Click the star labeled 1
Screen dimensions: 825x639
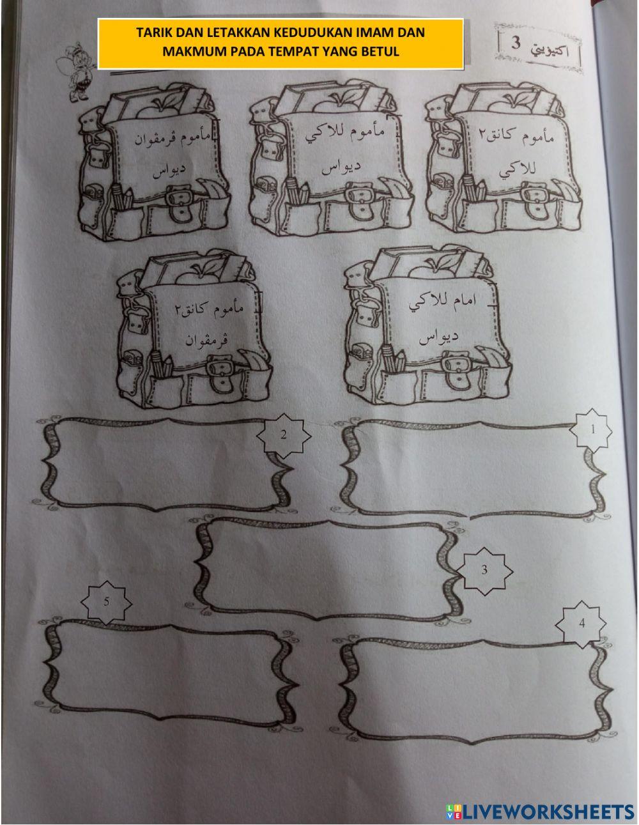[592, 431]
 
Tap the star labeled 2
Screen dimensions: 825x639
[284, 435]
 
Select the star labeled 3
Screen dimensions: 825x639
[484, 570]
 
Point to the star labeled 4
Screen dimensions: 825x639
[581, 624]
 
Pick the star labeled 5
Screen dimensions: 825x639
[107, 602]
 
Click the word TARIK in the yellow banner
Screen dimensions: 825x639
[155, 33]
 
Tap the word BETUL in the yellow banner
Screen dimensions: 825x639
[381, 52]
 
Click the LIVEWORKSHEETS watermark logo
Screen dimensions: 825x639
[540, 811]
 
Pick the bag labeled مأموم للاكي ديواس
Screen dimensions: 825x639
[331, 160]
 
